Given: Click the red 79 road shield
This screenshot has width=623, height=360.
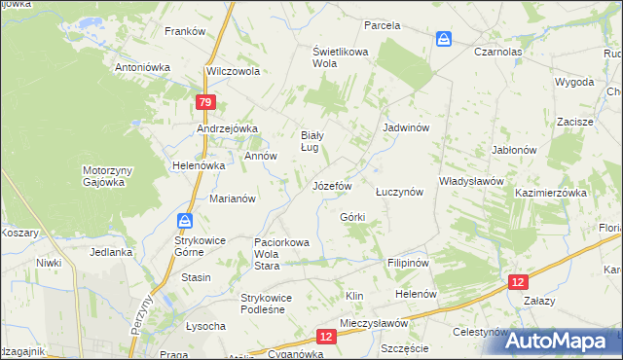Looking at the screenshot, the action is (x=204, y=102).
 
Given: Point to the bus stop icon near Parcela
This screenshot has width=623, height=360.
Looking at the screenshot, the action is (x=444, y=39).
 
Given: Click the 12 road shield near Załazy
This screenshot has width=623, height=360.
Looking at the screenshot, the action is (x=519, y=280).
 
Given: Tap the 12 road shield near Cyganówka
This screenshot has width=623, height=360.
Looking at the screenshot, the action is (x=326, y=336).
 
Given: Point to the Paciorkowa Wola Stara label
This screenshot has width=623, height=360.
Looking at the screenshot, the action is (x=281, y=248).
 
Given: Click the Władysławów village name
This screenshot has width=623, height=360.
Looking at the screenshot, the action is (x=470, y=181).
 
